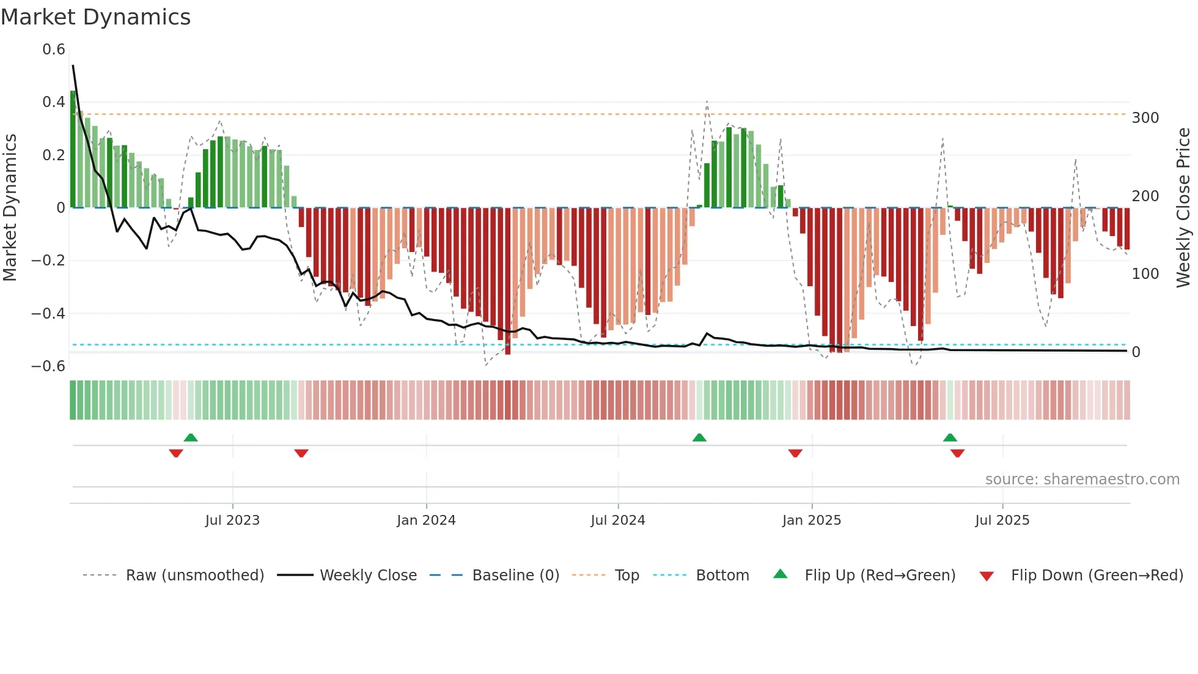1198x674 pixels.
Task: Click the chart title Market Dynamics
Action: point(96,17)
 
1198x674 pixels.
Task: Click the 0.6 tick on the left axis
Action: point(54,50)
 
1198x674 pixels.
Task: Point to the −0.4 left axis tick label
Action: point(48,314)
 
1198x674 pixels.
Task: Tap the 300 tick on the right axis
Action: point(1145,118)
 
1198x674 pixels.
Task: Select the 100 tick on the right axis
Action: point(1145,274)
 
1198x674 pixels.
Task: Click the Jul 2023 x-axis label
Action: point(232,520)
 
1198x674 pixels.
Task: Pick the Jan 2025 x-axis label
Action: point(812,520)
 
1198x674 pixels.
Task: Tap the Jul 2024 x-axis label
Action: point(618,520)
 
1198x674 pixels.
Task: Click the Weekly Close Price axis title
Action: point(1183,208)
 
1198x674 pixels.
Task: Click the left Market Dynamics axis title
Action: point(10,208)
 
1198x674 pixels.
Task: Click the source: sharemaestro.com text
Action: point(1082,480)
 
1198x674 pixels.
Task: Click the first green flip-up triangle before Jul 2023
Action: point(191,437)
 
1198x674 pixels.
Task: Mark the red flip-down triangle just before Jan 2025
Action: point(795,453)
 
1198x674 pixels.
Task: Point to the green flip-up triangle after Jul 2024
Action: point(699,437)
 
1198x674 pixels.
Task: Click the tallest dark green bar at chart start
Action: point(73,150)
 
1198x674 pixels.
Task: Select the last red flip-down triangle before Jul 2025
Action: point(958,453)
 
